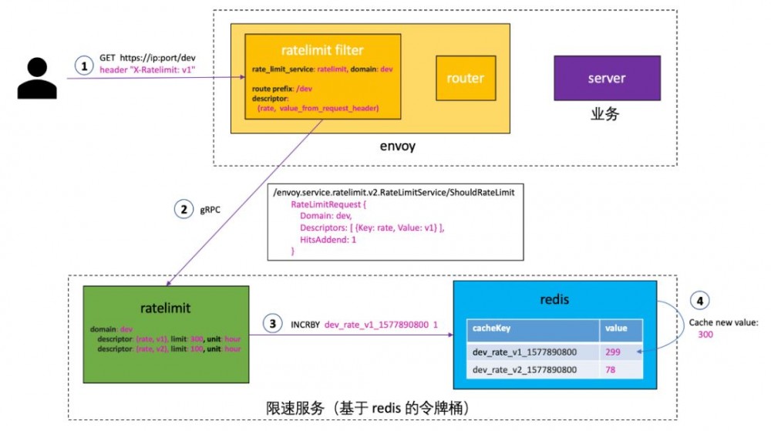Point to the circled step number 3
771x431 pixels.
click(271, 324)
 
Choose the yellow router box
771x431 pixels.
click(465, 78)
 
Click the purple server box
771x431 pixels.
click(607, 78)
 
